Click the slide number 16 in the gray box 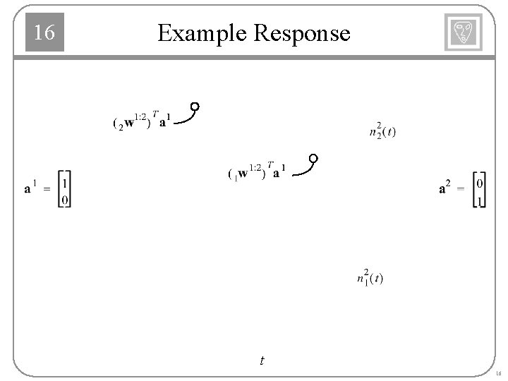44,32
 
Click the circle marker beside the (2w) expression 195,107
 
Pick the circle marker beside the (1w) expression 313,157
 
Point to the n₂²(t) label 382,131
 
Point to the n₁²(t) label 370,277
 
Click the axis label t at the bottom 262,361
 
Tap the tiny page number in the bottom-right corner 498,373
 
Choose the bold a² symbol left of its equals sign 445,188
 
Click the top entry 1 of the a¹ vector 65,181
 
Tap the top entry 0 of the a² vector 480,183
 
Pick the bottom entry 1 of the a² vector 480,202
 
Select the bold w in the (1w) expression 243,174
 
